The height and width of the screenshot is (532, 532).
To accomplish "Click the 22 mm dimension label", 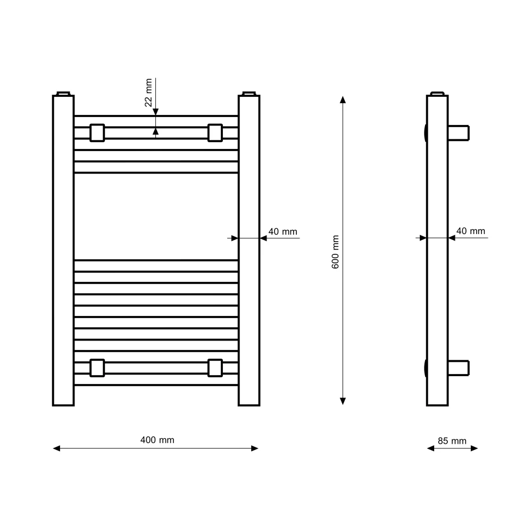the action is pos(148,93).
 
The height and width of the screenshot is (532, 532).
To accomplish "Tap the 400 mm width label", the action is pos(157,440).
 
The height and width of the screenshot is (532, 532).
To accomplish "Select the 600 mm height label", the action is pos(335,252).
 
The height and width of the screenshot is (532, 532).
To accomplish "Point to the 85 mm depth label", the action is pos(452,440).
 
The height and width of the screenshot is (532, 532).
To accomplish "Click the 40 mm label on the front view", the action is pos(282,232).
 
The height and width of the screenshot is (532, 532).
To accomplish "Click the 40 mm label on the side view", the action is pos(471,231).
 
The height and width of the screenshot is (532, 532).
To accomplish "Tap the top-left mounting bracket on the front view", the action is pos(97,132).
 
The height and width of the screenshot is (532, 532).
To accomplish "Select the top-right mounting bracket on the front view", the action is pos(215,132).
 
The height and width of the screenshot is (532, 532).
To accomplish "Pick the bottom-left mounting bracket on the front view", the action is pos(97,368).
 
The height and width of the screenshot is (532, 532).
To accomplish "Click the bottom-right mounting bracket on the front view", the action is pos(215,368).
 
